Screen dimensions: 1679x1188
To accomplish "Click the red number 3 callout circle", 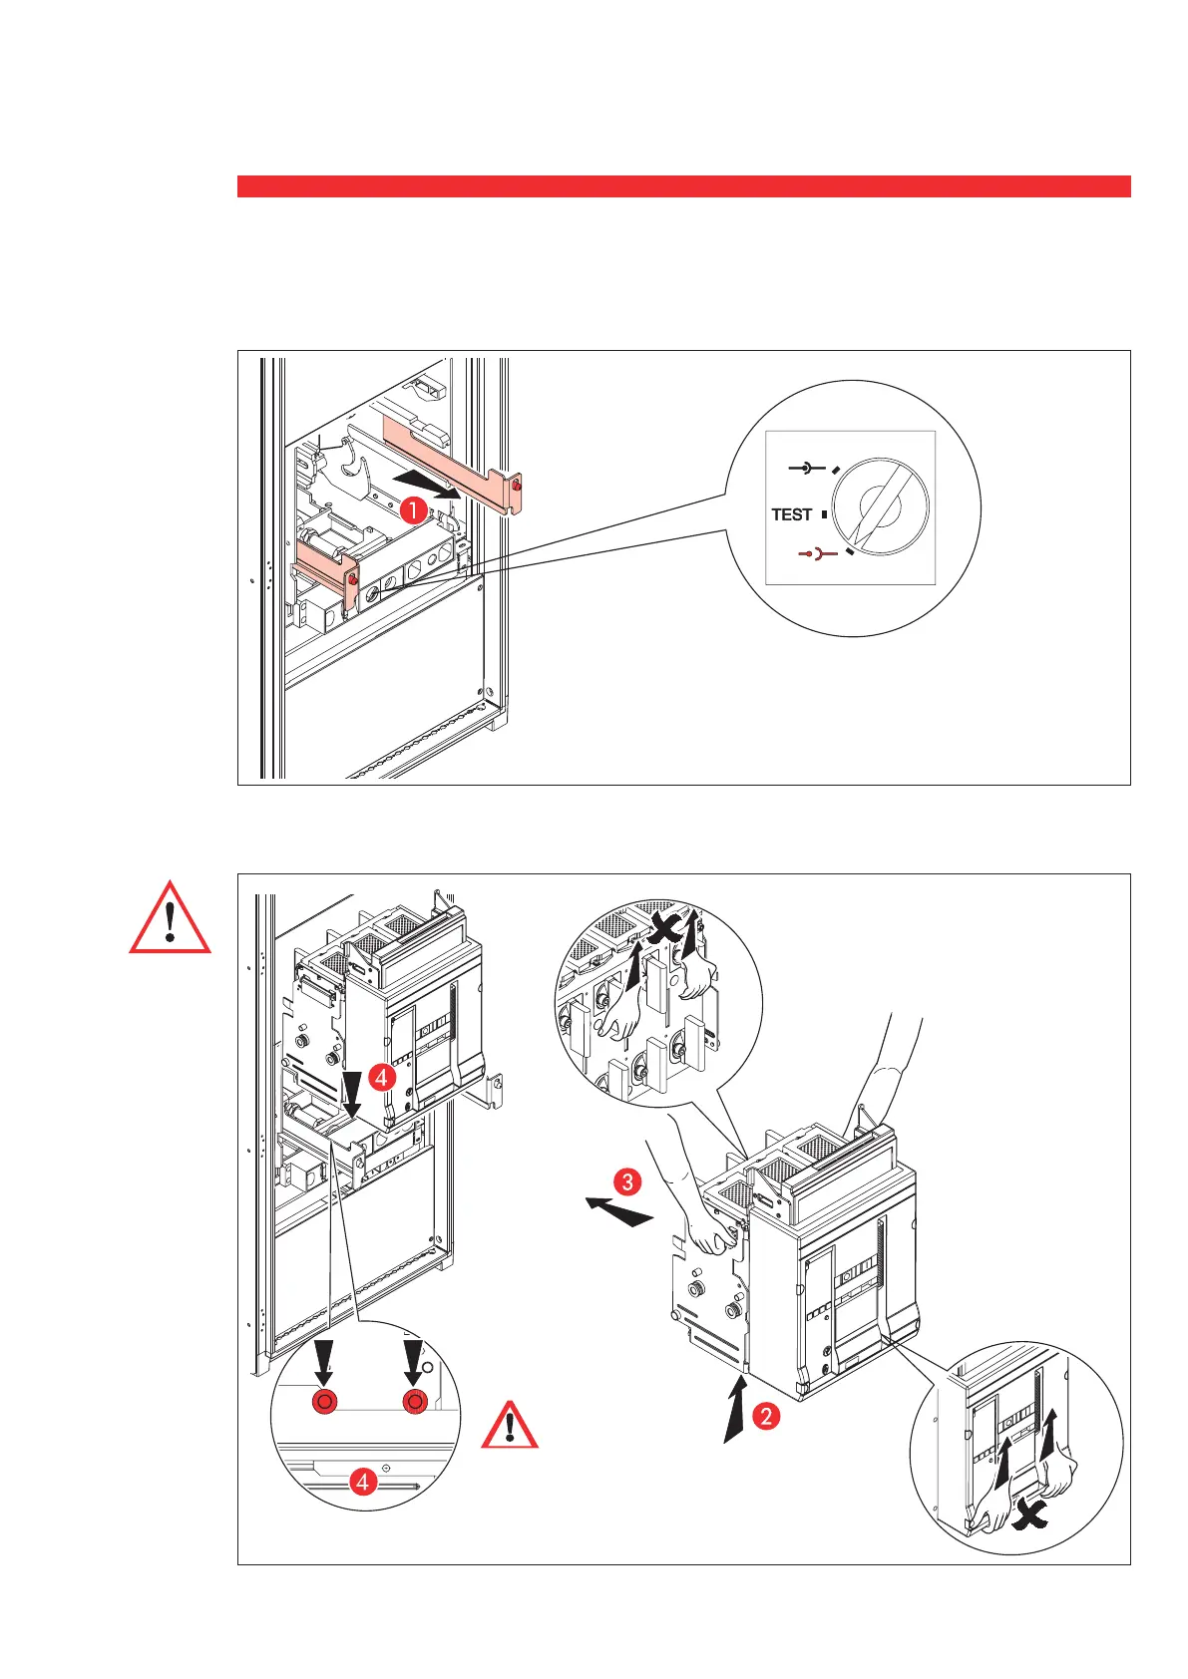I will click(x=627, y=1182).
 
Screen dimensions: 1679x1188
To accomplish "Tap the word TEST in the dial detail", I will click(x=792, y=514).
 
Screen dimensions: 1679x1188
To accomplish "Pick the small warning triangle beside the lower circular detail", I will click(x=511, y=1427).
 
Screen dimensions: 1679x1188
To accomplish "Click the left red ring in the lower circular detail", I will click(x=324, y=1402).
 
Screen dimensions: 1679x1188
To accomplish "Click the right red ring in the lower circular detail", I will click(x=414, y=1402).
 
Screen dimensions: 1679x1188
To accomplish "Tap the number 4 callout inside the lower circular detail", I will click(x=363, y=1483).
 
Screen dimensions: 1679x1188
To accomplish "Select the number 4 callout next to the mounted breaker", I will click(x=381, y=1077).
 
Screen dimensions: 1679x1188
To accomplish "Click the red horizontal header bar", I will click(x=683, y=186).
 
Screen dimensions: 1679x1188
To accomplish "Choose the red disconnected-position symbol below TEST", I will click(x=816, y=551).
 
